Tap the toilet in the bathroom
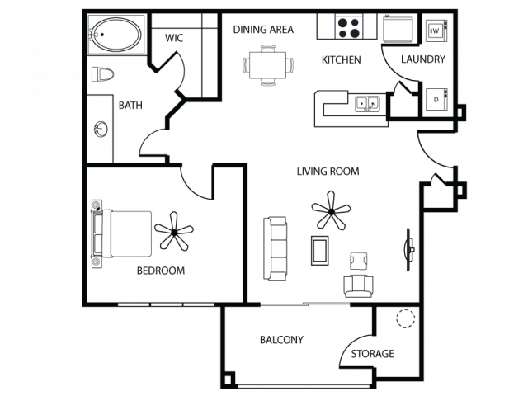click(102, 74)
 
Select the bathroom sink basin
click(101, 130)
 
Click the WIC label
click(174, 38)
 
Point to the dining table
click(268, 64)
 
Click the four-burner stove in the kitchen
click(348, 27)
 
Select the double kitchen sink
click(367, 104)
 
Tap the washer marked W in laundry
click(436, 31)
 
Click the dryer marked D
click(436, 99)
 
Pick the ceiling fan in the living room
click(332, 211)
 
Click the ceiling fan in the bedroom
click(174, 232)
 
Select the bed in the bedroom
click(121, 234)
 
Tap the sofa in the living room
click(276, 248)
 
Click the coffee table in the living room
click(319, 251)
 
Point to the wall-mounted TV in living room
click(409, 249)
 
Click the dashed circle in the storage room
click(406, 318)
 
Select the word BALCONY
click(281, 340)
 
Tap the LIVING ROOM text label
click(328, 172)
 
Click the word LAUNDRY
click(423, 59)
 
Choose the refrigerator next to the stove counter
click(398, 28)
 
